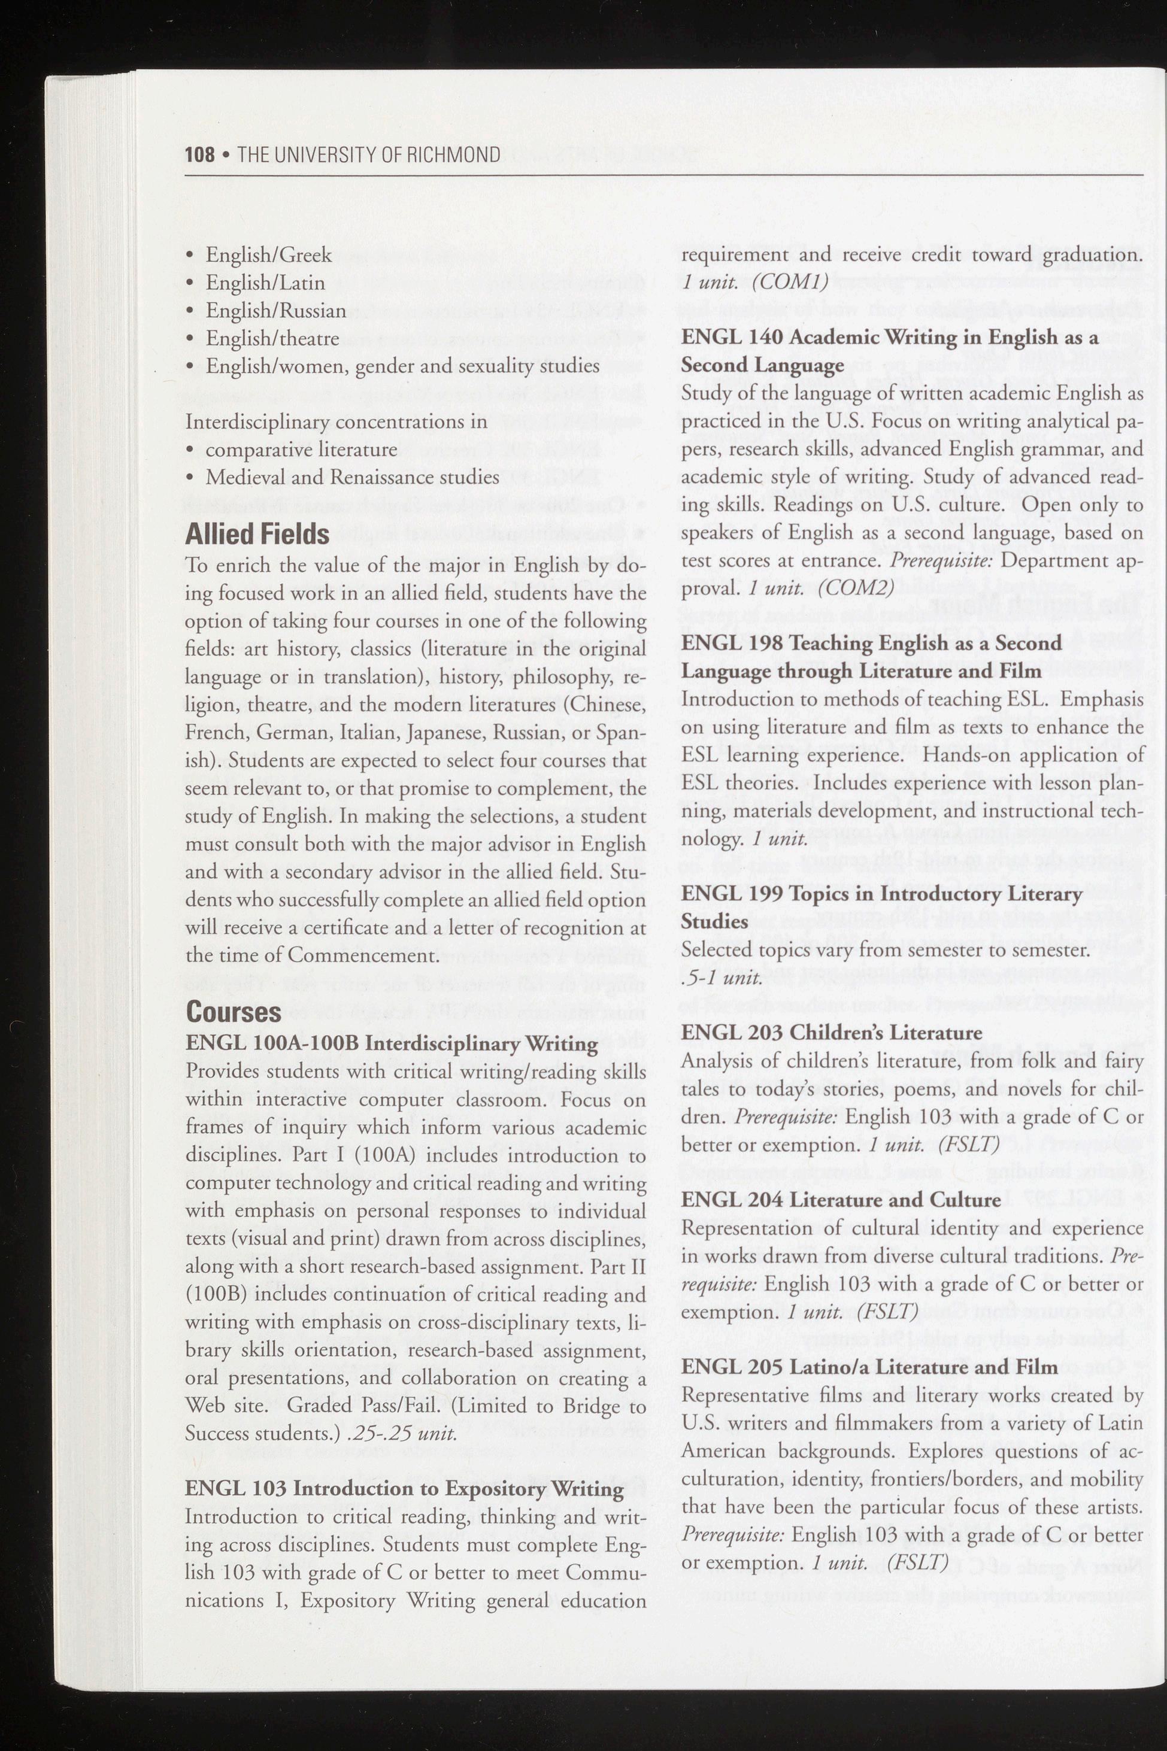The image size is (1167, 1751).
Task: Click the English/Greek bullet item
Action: point(268,254)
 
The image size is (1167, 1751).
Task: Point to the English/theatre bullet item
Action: point(272,339)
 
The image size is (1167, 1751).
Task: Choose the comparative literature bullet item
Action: point(301,450)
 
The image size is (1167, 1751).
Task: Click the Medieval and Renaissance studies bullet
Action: point(352,477)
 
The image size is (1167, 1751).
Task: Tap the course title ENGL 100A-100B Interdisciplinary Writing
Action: point(392,1043)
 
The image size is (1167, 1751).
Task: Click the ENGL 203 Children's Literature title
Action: point(831,1032)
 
